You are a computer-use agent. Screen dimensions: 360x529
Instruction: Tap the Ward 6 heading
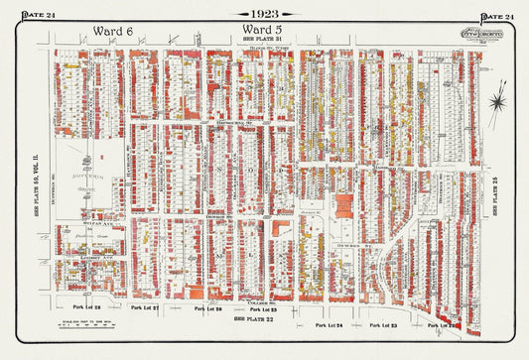pos(112,32)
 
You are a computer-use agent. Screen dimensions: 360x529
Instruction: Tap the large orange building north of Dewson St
pos(343,205)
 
